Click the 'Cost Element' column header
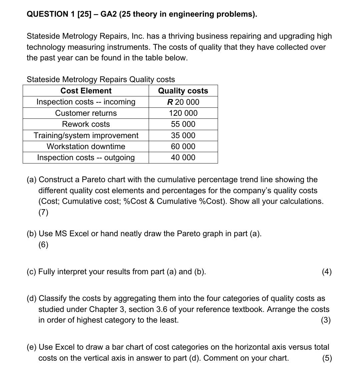coord(86,91)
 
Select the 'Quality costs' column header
coord(183,91)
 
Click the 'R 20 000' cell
coord(183,102)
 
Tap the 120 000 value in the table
coord(183,113)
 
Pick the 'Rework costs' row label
coord(86,124)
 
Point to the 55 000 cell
coord(183,124)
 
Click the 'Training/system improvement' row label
coord(86,135)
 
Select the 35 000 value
coord(183,135)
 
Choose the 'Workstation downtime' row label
coord(86,146)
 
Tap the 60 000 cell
coord(183,146)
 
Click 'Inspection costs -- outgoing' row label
coord(86,157)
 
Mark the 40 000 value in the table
coord(183,157)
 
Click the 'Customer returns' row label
coord(86,113)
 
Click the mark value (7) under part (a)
coord(43,212)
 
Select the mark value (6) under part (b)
coord(43,245)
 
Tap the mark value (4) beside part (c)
coord(327,272)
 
